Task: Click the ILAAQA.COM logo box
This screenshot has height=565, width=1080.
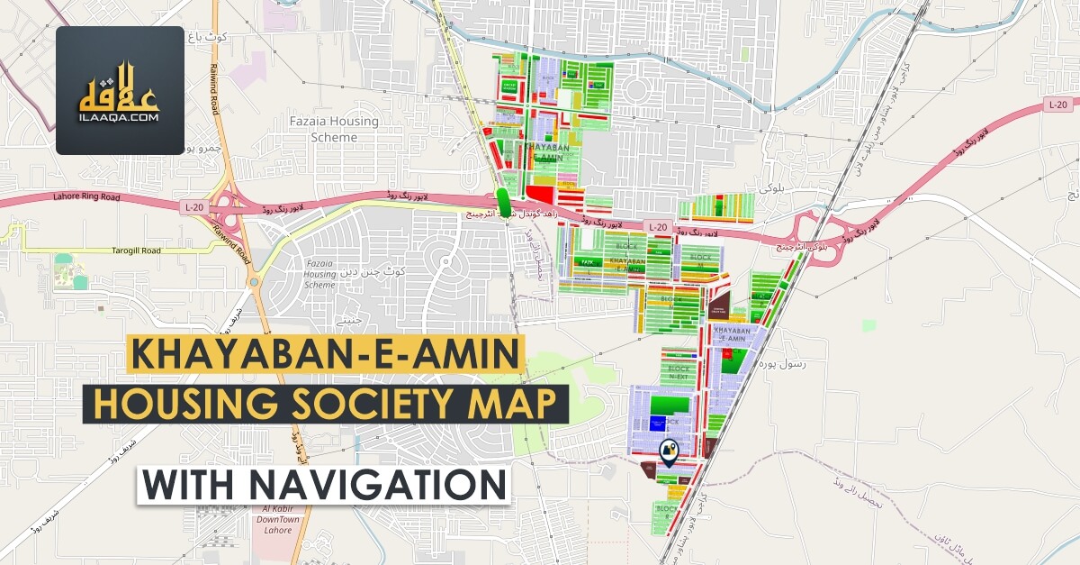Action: [120, 90]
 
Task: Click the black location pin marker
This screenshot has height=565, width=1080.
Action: [669, 451]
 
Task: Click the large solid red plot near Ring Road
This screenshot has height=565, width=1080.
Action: [540, 194]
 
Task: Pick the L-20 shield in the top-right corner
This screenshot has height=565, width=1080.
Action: [1057, 105]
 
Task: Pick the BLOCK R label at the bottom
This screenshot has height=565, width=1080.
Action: [666, 513]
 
